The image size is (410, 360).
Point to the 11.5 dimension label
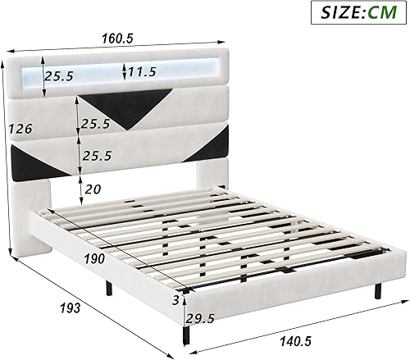[142, 72]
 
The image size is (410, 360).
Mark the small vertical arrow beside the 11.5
[124, 71]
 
